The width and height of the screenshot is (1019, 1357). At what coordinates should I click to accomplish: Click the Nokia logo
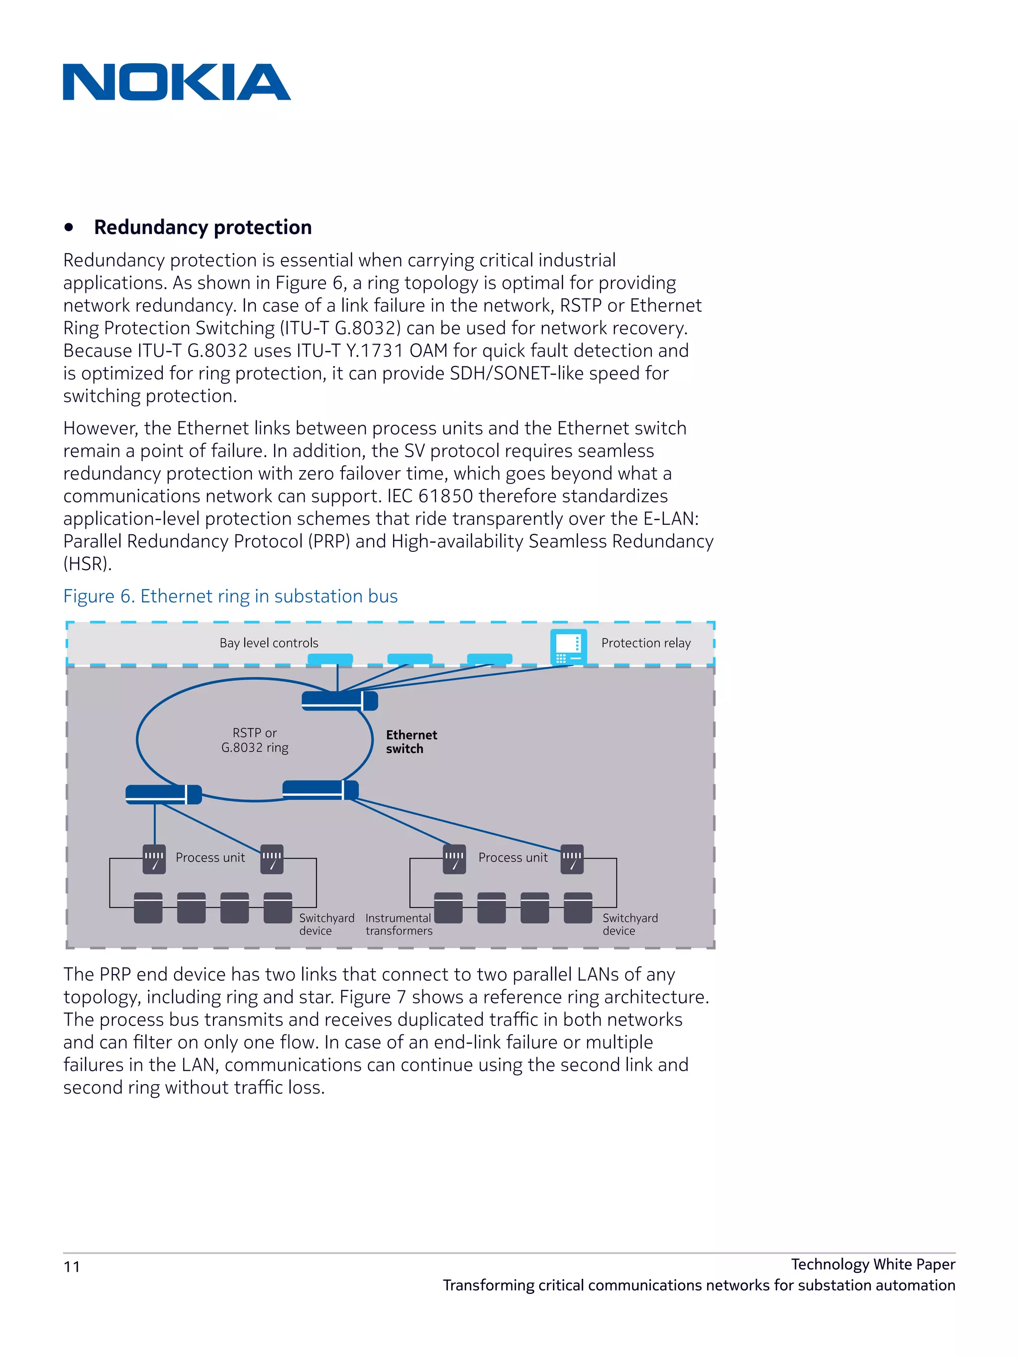[177, 82]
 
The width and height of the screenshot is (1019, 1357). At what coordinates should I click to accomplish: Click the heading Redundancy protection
[203, 227]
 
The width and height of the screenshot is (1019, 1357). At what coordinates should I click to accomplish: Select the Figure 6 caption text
[230, 596]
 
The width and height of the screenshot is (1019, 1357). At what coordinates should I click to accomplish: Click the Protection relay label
[646, 643]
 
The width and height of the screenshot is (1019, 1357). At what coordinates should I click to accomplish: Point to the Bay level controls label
[269, 643]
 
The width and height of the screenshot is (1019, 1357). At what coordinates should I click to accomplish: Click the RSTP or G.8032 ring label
[254, 740]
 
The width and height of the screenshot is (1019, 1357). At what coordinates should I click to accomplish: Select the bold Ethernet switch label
[411, 741]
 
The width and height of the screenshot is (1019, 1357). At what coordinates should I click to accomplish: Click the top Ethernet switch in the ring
[339, 700]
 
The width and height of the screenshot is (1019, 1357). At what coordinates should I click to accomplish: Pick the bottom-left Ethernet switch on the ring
[163, 794]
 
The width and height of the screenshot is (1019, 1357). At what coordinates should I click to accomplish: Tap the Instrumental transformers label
[399, 924]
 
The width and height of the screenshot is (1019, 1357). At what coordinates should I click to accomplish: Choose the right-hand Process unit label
[512, 858]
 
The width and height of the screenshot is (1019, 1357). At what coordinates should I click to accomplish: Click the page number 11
[72, 1267]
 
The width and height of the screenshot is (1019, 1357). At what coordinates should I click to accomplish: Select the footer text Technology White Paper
[872, 1264]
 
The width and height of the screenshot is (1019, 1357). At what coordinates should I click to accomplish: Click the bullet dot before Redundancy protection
[69, 228]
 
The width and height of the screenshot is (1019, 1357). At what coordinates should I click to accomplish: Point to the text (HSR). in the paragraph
[87, 564]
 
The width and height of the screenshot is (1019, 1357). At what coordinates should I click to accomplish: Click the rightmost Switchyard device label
[630, 924]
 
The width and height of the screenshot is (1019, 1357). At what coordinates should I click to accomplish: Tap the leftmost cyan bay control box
[330, 659]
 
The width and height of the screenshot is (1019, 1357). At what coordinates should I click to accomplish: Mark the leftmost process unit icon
[154, 859]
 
